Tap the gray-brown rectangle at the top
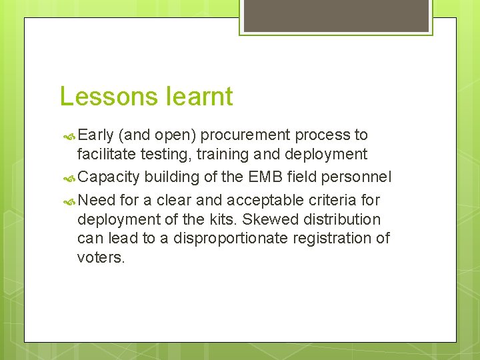tap(336, 15)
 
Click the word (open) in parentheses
tap(176, 135)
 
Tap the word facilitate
tap(105, 155)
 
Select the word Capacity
tap(109, 177)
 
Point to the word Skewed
tap(273, 219)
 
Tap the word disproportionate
tap(235, 238)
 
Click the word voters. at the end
tap(101, 257)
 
